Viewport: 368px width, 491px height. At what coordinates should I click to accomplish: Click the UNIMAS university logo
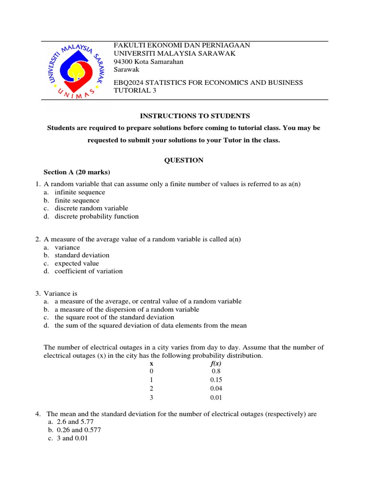click(75, 70)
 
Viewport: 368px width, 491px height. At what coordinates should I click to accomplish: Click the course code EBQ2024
click(129, 82)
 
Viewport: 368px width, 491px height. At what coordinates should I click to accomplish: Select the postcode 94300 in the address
click(123, 61)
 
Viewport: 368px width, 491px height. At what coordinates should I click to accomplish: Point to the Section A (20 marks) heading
click(77, 172)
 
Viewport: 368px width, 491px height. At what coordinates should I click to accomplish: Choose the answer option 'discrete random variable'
click(91, 208)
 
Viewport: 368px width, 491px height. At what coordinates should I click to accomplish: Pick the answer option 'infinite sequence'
click(80, 192)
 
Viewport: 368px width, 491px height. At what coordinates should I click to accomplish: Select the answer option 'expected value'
click(77, 263)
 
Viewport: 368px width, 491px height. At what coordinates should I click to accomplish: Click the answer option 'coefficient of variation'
click(89, 271)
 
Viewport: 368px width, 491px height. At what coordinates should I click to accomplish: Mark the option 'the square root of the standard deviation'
click(114, 317)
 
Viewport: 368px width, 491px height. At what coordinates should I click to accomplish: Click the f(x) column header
click(216, 363)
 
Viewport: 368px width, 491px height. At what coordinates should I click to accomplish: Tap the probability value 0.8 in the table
click(216, 372)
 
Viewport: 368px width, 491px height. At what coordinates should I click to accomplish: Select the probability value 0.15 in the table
click(216, 380)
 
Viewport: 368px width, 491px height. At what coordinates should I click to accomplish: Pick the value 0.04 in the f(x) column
click(216, 388)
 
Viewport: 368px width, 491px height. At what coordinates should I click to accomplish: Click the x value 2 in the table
click(151, 388)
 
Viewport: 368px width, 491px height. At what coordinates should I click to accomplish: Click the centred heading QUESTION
click(184, 160)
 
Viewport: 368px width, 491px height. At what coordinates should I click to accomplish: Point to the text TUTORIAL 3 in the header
click(135, 91)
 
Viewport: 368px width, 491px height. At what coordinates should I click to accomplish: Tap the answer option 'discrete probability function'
click(96, 216)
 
